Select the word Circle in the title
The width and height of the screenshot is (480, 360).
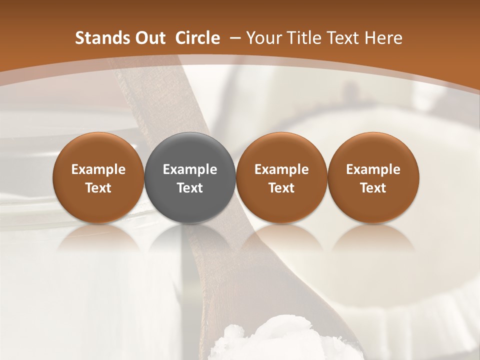197,38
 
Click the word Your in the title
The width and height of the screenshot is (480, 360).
263,38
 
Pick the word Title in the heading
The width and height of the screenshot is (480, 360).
301,38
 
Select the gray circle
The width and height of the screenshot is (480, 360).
190,177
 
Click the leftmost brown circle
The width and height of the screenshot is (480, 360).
98,177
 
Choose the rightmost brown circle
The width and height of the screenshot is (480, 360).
373,177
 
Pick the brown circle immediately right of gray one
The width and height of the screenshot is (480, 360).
281,177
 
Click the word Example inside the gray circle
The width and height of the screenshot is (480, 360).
190,169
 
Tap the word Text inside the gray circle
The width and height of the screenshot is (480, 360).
190,188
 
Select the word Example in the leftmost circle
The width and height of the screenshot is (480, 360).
98,169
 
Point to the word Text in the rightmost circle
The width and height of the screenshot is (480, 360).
373,188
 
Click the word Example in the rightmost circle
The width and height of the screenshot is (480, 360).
373,169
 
